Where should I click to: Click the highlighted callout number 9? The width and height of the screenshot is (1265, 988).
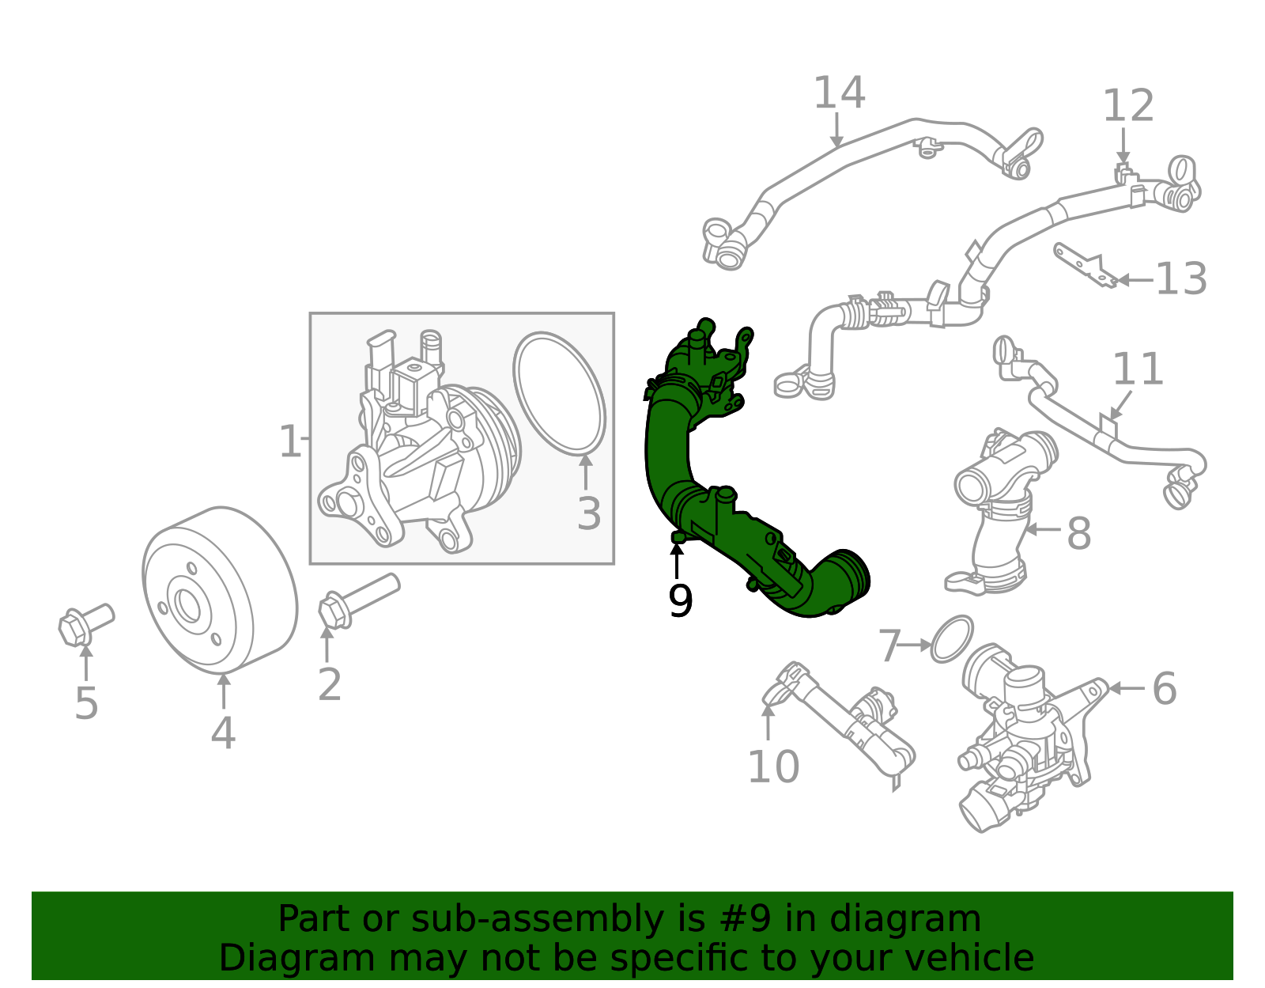(x=680, y=602)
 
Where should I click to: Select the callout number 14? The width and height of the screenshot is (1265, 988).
(x=839, y=93)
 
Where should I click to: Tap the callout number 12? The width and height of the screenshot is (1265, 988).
(x=1128, y=106)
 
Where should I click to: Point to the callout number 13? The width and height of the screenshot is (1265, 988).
(x=1181, y=279)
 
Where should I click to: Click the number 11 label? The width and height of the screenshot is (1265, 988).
(x=1138, y=369)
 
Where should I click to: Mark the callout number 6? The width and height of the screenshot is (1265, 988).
(x=1164, y=688)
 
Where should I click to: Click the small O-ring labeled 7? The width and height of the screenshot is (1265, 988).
(x=951, y=639)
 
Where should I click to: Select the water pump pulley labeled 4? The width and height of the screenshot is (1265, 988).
(x=220, y=589)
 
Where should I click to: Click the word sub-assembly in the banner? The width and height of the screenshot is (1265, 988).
(x=537, y=919)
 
